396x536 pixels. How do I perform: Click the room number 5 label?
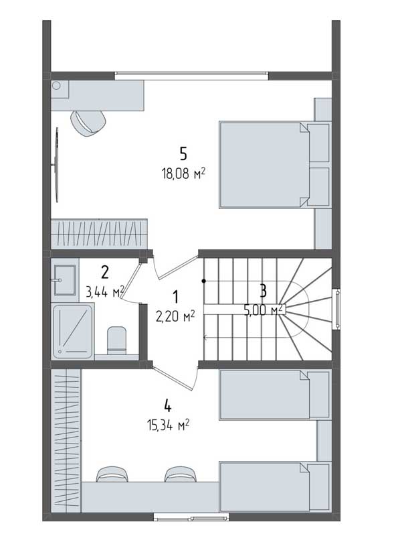[x=183, y=154]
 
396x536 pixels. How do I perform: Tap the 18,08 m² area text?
[x=184, y=174]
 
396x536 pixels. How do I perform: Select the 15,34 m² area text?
[x=169, y=425]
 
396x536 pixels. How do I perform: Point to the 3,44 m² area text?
[x=105, y=292]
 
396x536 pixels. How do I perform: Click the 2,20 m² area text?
[x=175, y=316]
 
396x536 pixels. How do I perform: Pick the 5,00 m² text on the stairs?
[x=263, y=310]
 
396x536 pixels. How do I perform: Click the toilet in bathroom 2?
[x=117, y=340]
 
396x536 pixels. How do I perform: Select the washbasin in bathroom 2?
[x=64, y=279]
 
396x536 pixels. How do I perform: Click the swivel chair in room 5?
[x=88, y=123]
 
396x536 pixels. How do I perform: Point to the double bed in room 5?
[x=276, y=165]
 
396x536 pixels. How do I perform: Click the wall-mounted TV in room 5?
[x=57, y=165]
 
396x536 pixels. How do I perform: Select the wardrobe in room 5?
[x=100, y=234]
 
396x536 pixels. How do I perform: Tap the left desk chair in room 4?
[x=112, y=474]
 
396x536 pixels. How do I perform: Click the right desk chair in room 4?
[x=181, y=474]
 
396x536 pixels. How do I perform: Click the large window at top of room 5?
[x=191, y=75]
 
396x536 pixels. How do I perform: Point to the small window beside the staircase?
[x=336, y=309]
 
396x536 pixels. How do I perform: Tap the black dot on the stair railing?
[x=204, y=281]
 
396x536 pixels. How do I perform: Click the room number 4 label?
[x=168, y=406]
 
